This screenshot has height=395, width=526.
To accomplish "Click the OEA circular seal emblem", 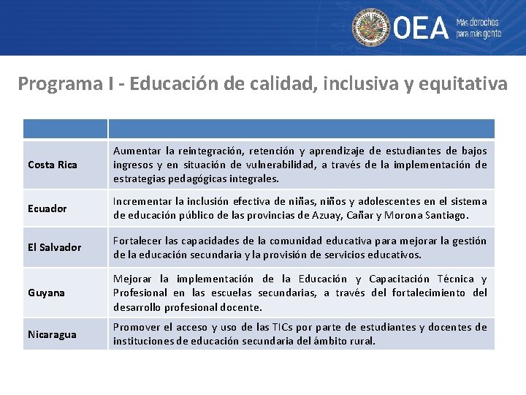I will coord(370,28).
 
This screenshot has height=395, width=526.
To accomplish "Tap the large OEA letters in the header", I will coord(421,29).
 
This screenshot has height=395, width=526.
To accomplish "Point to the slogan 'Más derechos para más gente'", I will coord(479,28).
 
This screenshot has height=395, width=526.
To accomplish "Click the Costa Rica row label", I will coord(52,165).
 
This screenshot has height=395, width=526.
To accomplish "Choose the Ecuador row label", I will coord(47,208).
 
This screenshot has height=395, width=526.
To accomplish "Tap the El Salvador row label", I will coord(54,247).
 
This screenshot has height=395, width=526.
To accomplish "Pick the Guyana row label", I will coord(46,293).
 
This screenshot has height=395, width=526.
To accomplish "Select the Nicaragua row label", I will coord(52,334).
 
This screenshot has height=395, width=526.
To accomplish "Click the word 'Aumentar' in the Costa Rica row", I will coord(136,151).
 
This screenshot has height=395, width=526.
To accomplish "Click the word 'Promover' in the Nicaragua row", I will coord(137,327).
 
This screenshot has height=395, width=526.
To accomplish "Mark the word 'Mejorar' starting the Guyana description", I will coord(132,279).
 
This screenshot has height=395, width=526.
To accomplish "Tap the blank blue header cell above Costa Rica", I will coord(65,129).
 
